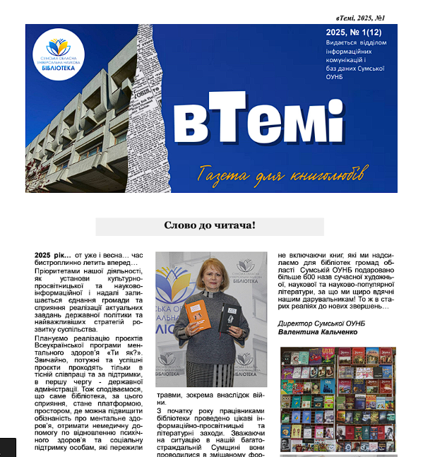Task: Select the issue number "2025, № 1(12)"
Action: tap(356, 32)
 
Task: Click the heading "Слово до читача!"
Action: tap(210, 226)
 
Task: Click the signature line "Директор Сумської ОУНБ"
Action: tap(322, 323)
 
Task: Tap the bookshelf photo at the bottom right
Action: tap(338, 399)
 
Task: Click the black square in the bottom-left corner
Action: tap(8, 447)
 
